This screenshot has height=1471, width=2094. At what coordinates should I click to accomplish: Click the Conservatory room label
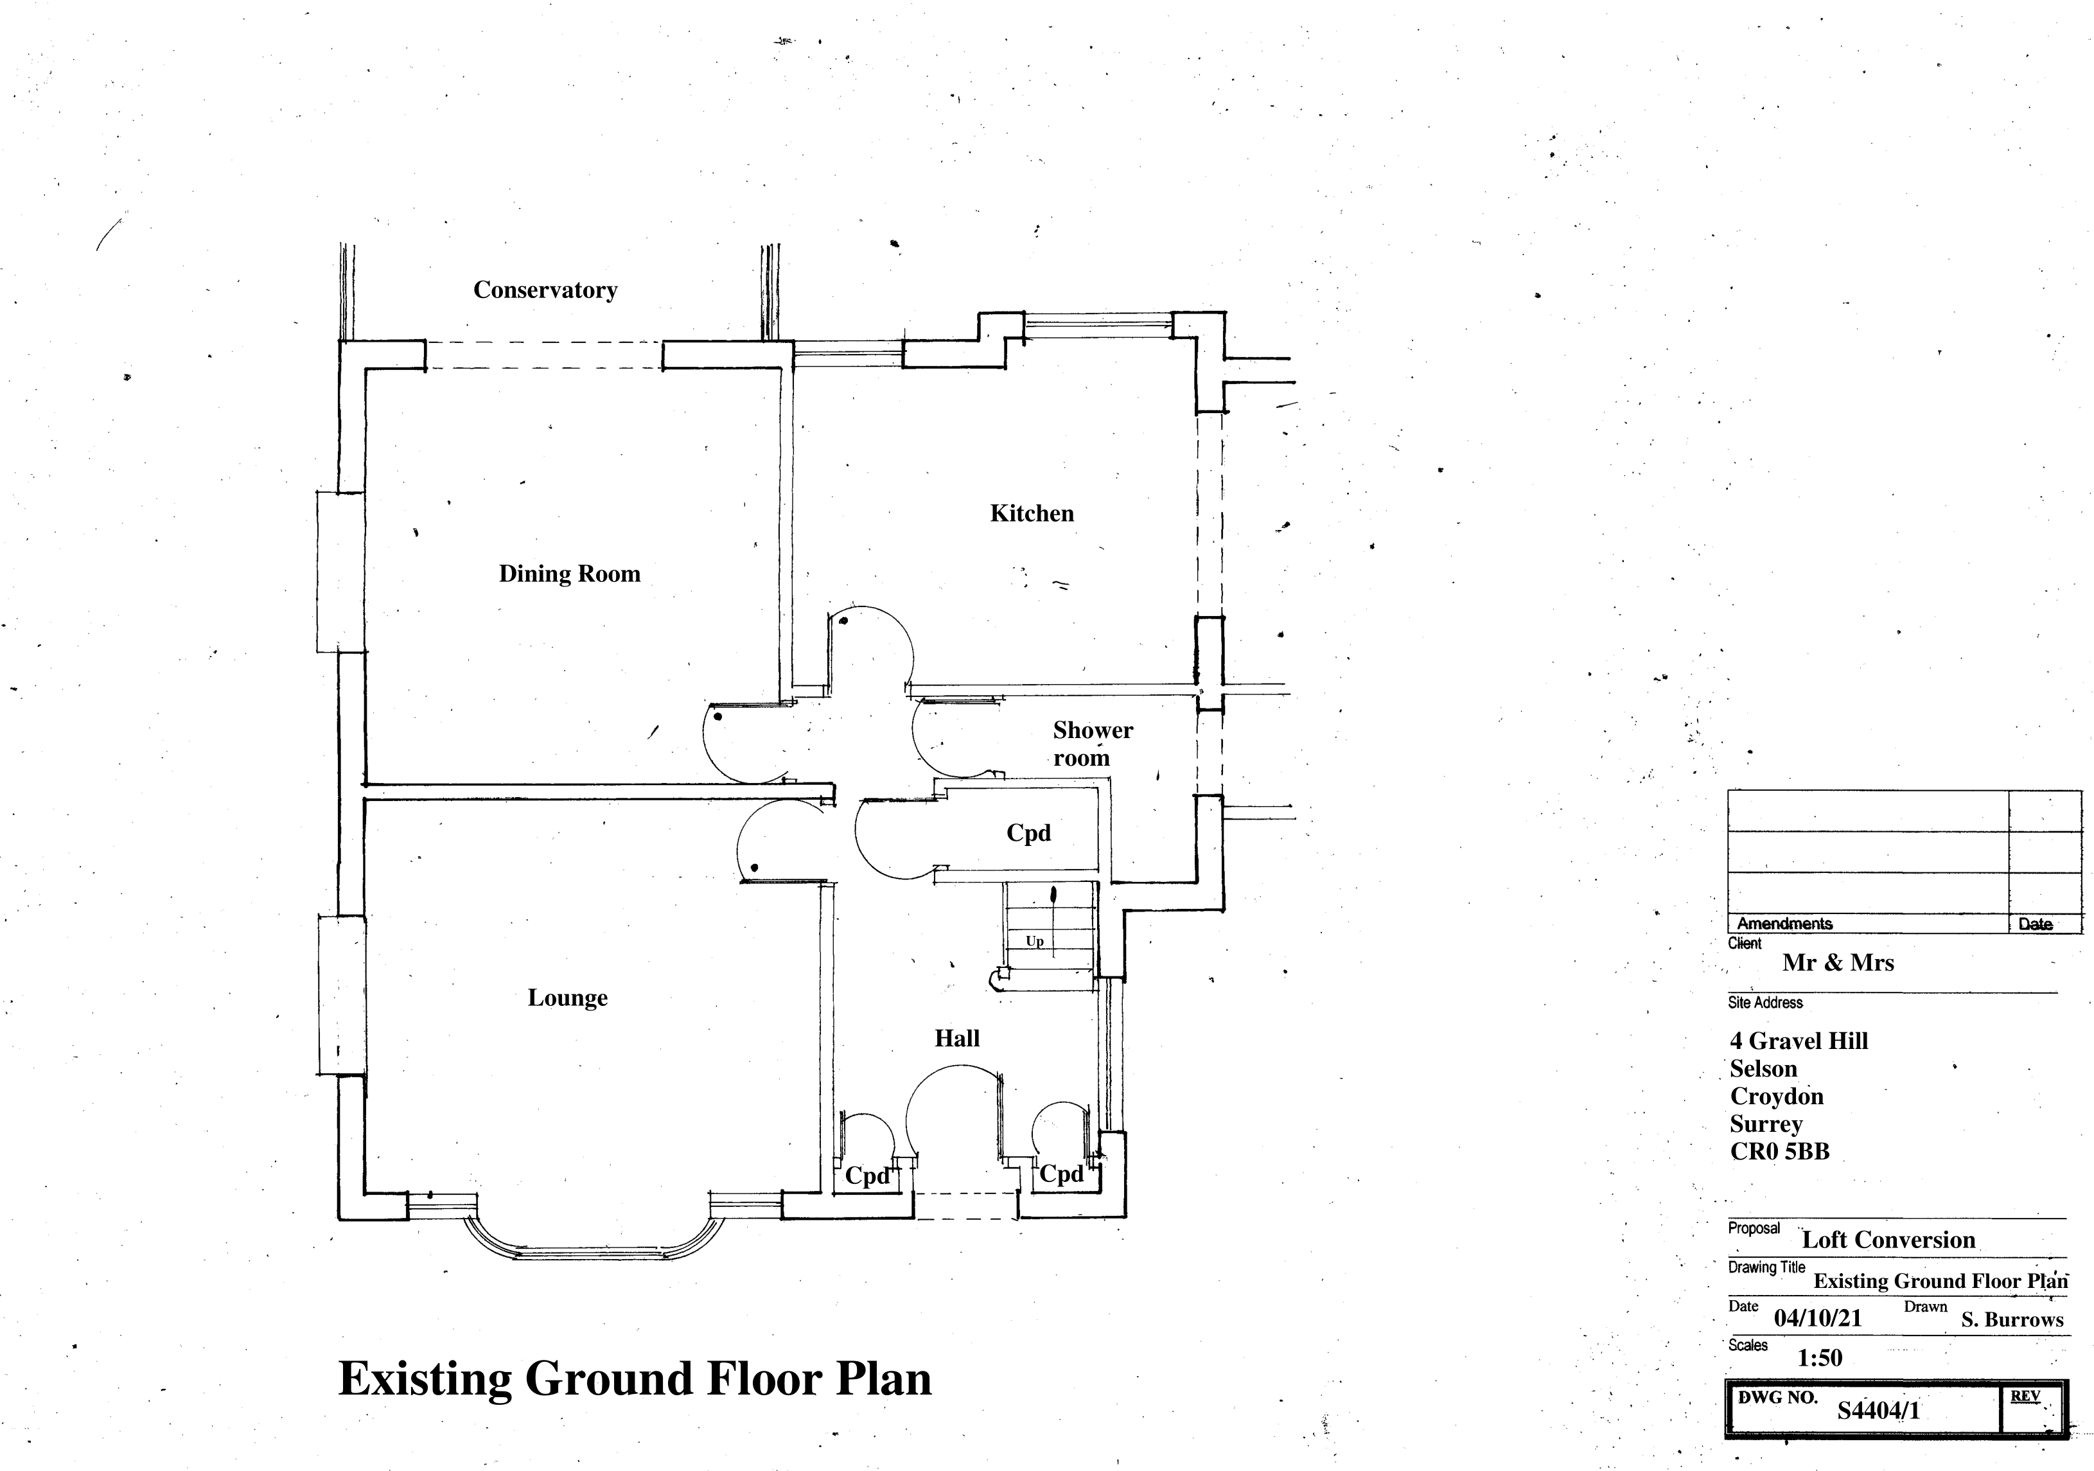tap(545, 290)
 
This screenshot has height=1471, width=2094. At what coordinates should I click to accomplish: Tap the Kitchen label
tap(1032, 513)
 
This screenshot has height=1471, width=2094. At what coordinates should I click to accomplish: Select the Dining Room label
tap(569, 574)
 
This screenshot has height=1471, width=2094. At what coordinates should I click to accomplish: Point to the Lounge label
tap(567, 998)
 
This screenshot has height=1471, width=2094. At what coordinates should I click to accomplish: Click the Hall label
tap(956, 1038)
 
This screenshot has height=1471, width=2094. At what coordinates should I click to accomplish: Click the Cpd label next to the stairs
tap(1028, 832)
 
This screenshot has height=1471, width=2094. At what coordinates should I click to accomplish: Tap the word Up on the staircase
tap(1034, 941)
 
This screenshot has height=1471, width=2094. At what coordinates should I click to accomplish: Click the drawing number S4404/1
tap(1878, 1411)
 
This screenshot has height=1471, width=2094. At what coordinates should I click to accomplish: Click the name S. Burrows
tap(2012, 1319)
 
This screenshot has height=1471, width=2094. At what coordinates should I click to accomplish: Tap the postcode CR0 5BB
tap(1779, 1152)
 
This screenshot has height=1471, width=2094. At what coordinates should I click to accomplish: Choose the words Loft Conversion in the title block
tap(1888, 1239)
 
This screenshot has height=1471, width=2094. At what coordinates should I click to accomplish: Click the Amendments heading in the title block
tap(1784, 924)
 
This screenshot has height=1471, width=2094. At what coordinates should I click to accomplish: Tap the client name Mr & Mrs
tap(1838, 963)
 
